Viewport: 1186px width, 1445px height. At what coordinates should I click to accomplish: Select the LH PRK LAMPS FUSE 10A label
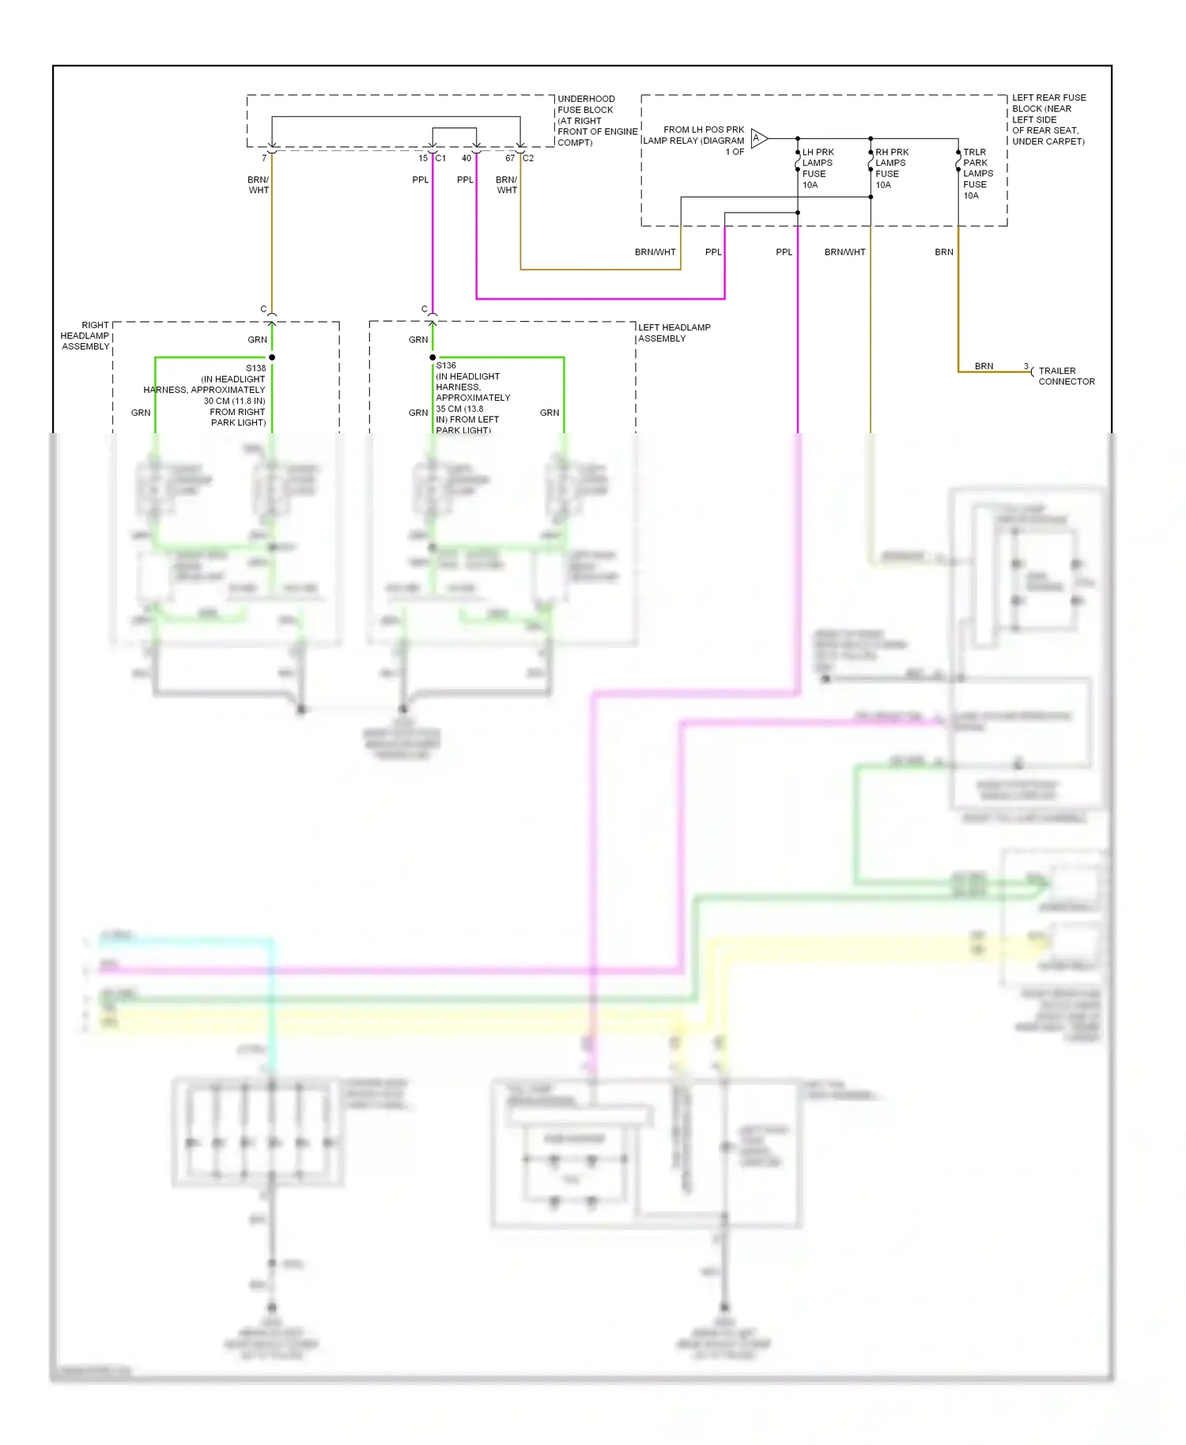pyautogui.click(x=817, y=168)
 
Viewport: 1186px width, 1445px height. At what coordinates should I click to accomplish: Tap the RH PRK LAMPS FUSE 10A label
pyautogui.click(x=891, y=168)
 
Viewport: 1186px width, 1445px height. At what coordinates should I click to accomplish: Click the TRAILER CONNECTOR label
pyautogui.click(x=1066, y=376)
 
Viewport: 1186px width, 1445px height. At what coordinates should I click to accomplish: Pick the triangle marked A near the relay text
pyautogui.click(x=757, y=138)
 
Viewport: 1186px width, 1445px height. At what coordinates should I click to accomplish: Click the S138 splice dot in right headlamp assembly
pyautogui.click(x=272, y=357)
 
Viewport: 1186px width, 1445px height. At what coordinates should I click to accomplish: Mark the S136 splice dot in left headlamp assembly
pyautogui.click(x=432, y=357)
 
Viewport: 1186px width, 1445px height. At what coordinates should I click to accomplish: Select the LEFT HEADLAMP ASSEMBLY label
pyautogui.click(x=674, y=333)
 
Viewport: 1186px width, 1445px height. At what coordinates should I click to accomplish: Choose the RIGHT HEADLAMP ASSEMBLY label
pyautogui.click(x=85, y=336)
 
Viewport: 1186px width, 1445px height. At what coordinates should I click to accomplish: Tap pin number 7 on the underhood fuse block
pyautogui.click(x=264, y=158)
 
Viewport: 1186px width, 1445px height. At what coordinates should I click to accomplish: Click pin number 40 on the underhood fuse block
pyautogui.click(x=466, y=158)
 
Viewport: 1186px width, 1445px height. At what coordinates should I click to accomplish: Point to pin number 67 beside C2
pyautogui.click(x=510, y=158)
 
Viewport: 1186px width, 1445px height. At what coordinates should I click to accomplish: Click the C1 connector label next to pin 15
pyautogui.click(x=441, y=158)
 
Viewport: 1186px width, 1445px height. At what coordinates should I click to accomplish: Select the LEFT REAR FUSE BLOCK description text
pyautogui.click(x=1048, y=119)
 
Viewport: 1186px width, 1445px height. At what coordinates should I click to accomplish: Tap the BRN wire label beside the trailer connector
pyautogui.click(x=984, y=366)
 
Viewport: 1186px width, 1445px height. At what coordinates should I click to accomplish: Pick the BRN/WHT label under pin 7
pyautogui.click(x=259, y=185)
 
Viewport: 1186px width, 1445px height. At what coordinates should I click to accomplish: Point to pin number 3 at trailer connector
pyautogui.click(x=1026, y=366)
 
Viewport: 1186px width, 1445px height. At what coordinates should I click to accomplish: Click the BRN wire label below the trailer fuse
pyautogui.click(x=944, y=252)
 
